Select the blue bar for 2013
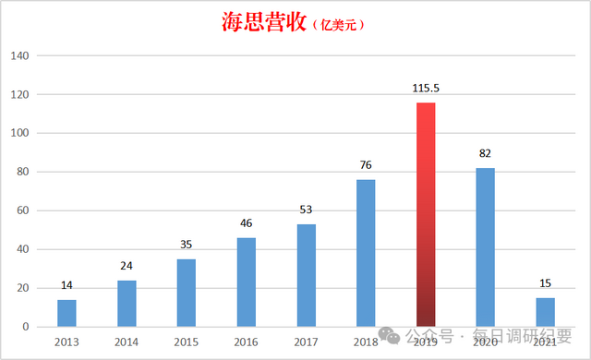coord(66,313)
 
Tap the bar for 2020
coord(485,247)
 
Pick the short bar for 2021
coord(545,312)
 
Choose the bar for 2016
coord(246,282)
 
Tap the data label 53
coord(306,210)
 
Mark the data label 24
coord(127,266)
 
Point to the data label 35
coord(187,245)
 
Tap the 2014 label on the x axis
coord(127,342)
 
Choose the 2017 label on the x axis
coord(306,342)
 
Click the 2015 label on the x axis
coord(187,342)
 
